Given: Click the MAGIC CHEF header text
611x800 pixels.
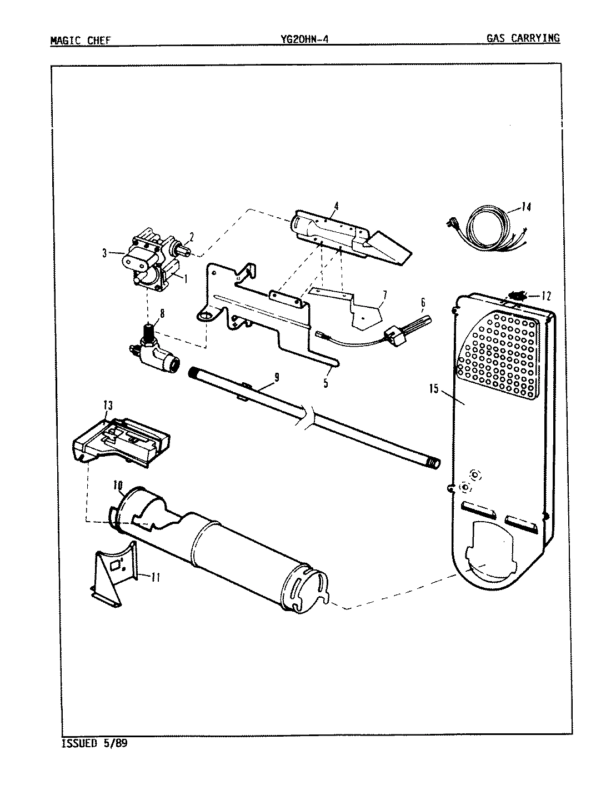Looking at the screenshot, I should tap(80, 40).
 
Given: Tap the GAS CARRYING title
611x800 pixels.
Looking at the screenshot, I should tap(523, 38).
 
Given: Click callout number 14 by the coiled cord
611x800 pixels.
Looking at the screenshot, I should tap(526, 208).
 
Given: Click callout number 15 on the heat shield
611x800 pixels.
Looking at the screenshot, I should tap(433, 388).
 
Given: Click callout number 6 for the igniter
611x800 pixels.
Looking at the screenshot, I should tap(423, 302).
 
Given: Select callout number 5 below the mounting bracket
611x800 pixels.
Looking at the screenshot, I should tap(325, 383).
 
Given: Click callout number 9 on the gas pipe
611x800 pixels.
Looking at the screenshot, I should tap(276, 377).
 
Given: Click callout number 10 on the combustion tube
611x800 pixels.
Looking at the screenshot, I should tap(118, 486).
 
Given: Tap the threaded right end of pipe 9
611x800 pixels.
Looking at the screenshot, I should tap(433, 462).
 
